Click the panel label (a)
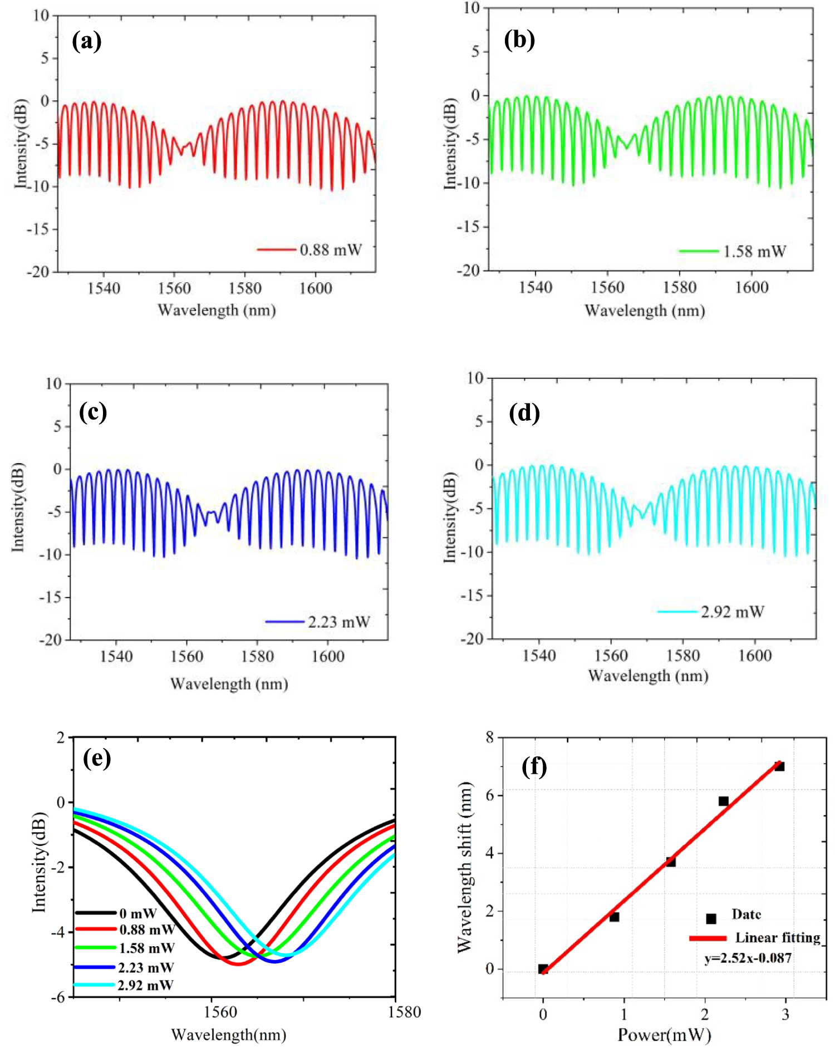pos(87,41)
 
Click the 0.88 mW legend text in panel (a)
pos(331,250)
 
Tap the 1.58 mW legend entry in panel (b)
pos(754,252)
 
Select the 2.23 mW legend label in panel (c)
pos(339,622)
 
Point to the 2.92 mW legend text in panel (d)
pos(733,612)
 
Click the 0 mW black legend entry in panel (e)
pos(138,913)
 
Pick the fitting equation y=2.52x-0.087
pos(748,958)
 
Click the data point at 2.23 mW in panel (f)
pos(723,801)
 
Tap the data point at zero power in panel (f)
pos(543,969)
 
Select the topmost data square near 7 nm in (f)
pos(779,766)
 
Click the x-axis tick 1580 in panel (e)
pos(404,1012)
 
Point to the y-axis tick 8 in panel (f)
pos(490,737)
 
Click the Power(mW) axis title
pos(664,1035)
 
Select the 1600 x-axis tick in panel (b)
pos(751,287)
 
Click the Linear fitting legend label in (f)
pos(778,938)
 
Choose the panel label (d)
pos(524,413)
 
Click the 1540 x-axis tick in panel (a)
pos(104,288)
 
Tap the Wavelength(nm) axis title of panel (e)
pos(228,1035)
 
